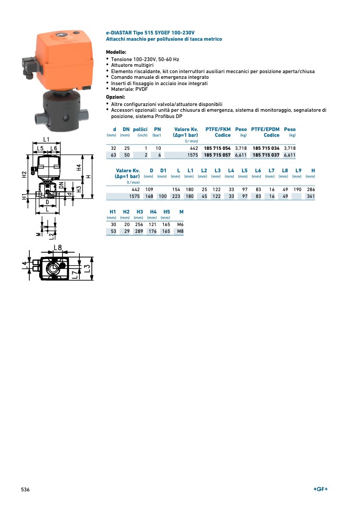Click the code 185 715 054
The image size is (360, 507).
click(x=217, y=148)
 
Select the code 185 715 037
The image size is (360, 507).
click(x=266, y=155)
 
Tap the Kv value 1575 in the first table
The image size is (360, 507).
click(x=193, y=155)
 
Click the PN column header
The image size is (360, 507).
click(x=158, y=129)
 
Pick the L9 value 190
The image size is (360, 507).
click(x=297, y=190)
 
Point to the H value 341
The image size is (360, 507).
click(x=310, y=196)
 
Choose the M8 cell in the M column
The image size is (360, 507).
click(x=181, y=231)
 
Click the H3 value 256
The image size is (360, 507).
click(x=139, y=225)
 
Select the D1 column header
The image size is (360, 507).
click(x=163, y=171)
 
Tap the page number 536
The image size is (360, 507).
click(x=25, y=490)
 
